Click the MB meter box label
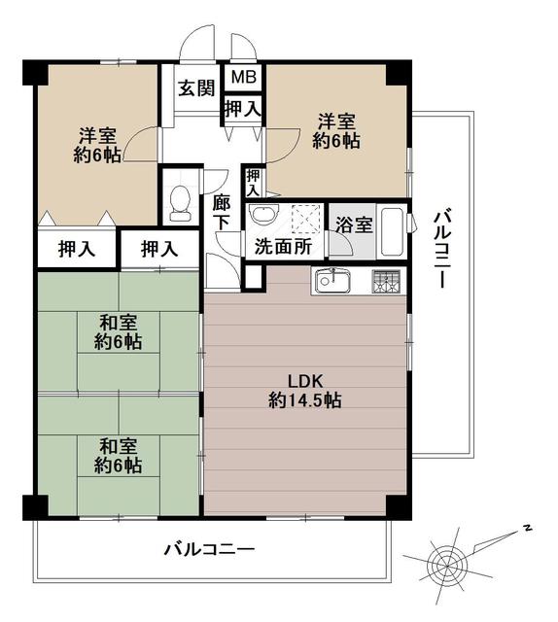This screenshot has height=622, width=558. (x=244, y=77)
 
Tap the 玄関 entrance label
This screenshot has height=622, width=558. (x=196, y=88)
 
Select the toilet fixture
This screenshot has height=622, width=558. (x=180, y=203)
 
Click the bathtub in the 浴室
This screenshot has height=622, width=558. (x=392, y=231)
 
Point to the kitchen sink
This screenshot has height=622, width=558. (x=332, y=281)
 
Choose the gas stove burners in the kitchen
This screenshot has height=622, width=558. (x=386, y=281)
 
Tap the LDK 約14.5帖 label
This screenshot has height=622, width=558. (x=305, y=391)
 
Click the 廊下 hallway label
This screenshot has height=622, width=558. (x=221, y=213)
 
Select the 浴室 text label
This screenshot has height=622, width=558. (x=354, y=225)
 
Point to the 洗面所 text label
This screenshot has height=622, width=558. (x=283, y=247)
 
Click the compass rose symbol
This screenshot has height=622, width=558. (x=450, y=564)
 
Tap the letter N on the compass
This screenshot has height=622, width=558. (x=527, y=528)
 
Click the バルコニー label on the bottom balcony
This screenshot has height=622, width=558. (x=210, y=550)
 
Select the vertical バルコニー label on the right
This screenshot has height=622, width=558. (x=440, y=250)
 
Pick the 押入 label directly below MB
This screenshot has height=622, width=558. (x=243, y=108)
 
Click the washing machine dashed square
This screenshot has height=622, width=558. (x=306, y=219)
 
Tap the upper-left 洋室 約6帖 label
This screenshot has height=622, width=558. (x=97, y=145)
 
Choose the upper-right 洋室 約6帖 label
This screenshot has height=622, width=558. (x=336, y=131)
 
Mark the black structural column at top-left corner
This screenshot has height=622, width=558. (x=36, y=72)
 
